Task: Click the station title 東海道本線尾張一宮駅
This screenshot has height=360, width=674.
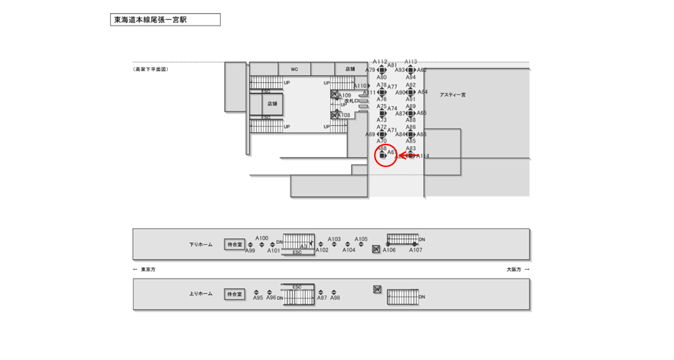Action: tap(150, 20)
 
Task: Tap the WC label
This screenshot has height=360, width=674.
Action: tap(294, 70)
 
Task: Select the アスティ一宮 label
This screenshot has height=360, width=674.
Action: tap(453, 95)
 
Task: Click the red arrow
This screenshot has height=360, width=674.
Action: tap(408, 155)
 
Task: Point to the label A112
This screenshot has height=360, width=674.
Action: tap(380, 62)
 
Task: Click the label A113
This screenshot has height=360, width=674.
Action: tap(411, 62)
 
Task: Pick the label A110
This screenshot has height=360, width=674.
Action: tap(359, 86)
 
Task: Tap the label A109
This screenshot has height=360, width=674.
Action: tap(345, 96)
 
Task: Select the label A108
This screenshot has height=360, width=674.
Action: tap(344, 116)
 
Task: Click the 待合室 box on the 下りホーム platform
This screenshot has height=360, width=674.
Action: tap(234, 244)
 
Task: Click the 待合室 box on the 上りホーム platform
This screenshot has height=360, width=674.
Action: tap(234, 294)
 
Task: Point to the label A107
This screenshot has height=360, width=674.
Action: tap(416, 251)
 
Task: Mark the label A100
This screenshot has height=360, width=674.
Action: tap(262, 238)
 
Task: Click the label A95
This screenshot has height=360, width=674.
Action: tap(257, 298)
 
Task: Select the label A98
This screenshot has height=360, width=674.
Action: tap(335, 298)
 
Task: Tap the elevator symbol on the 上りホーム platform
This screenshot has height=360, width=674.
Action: tap(377, 290)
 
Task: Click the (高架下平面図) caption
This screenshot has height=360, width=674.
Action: tap(151, 70)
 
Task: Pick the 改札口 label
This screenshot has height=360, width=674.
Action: tap(352, 101)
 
